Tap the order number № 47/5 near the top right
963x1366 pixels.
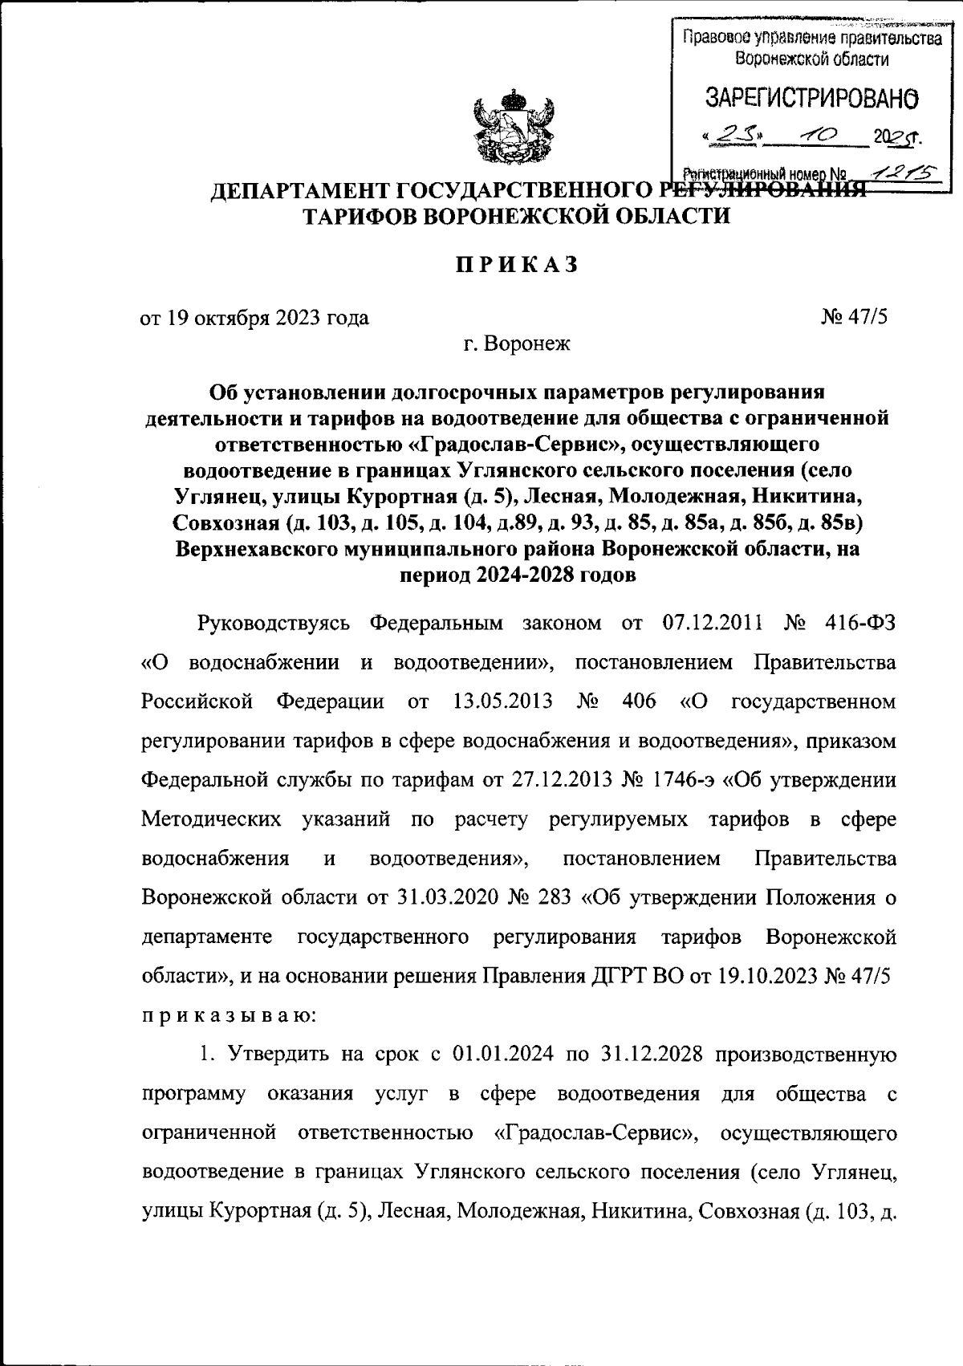(x=854, y=318)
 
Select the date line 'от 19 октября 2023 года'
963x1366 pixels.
(x=255, y=318)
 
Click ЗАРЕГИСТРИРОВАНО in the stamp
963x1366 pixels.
(x=811, y=99)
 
